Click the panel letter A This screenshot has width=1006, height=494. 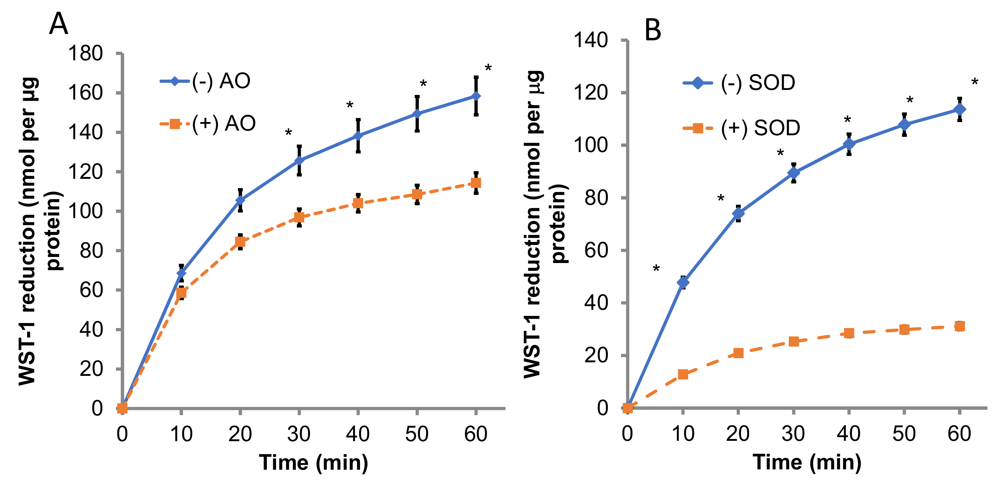(59, 24)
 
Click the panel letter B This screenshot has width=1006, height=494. (652, 30)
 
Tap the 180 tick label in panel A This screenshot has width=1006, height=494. (85, 54)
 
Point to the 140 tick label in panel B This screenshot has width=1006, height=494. (590, 40)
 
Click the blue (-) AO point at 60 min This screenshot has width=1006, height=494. (476, 96)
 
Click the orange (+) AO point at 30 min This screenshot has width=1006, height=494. (299, 217)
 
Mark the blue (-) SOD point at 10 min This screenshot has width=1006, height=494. (683, 282)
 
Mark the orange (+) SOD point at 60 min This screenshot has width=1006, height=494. (959, 326)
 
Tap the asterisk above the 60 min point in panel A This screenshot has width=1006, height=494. (488, 69)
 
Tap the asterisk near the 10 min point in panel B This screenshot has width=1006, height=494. (656, 269)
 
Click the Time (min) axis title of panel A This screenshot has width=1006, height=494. (313, 463)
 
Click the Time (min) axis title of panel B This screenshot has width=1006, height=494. (807, 462)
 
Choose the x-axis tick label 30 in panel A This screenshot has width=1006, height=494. (299, 434)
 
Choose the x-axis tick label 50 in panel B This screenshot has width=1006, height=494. (904, 434)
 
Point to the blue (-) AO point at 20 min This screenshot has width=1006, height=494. (240, 200)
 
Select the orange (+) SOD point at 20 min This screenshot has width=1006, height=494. (738, 353)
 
